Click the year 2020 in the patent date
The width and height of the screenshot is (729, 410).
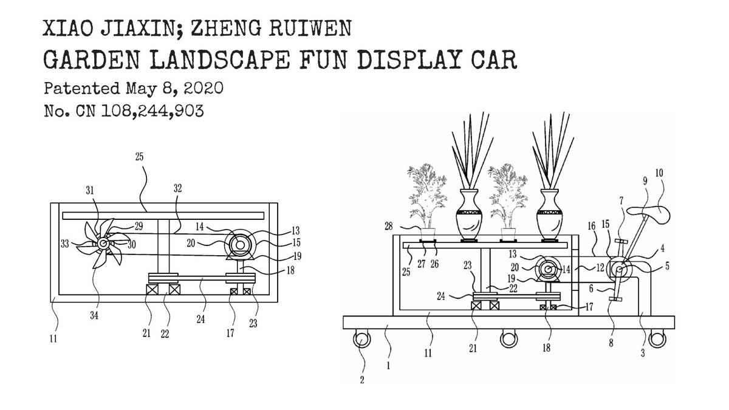click(x=202, y=88)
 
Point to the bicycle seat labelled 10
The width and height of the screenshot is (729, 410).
click(x=648, y=212)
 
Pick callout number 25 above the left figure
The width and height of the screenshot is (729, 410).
click(x=140, y=157)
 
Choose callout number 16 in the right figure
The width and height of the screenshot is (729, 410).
click(x=592, y=225)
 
